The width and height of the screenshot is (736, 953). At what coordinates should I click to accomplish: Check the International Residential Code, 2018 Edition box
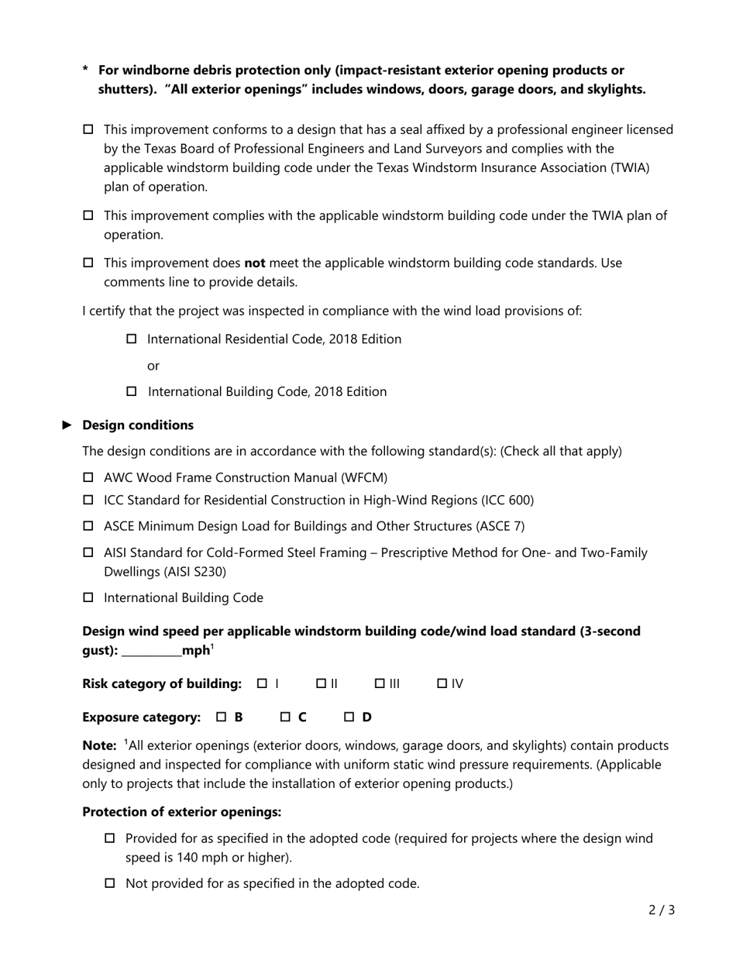coord(131,339)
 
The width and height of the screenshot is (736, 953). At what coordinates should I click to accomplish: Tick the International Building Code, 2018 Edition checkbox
coord(131,391)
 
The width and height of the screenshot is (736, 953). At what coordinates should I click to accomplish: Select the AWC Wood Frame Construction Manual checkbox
coord(88,477)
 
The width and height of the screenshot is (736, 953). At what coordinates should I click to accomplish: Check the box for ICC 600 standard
coord(88,500)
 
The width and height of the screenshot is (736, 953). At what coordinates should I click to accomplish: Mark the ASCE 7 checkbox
coord(88,526)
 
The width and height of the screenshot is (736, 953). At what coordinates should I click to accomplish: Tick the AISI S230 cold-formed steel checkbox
coord(88,552)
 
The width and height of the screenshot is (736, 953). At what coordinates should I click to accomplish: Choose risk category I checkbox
coord(263,683)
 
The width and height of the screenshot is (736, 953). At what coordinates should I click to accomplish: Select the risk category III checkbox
coord(380,683)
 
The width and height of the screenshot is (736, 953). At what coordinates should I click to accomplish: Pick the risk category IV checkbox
coord(442,683)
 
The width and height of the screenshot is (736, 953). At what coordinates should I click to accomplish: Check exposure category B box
coord(222,717)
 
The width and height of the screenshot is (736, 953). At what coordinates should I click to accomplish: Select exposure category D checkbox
coord(349,717)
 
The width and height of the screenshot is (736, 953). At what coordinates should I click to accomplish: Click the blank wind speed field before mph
coord(152,651)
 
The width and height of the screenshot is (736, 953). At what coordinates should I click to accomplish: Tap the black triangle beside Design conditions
coord(67,425)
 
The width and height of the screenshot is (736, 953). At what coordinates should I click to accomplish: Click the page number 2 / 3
coord(661,910)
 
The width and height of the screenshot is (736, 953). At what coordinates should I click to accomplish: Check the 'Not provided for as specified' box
coord(109,882)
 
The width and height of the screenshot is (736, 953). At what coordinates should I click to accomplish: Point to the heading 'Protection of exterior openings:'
coord(181,812)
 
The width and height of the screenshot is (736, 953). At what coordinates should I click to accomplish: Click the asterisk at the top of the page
coord(85,71)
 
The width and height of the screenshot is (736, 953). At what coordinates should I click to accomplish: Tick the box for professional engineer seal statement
coord(88,129)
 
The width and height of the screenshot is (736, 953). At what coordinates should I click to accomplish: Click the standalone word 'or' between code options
coord(153,365)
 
